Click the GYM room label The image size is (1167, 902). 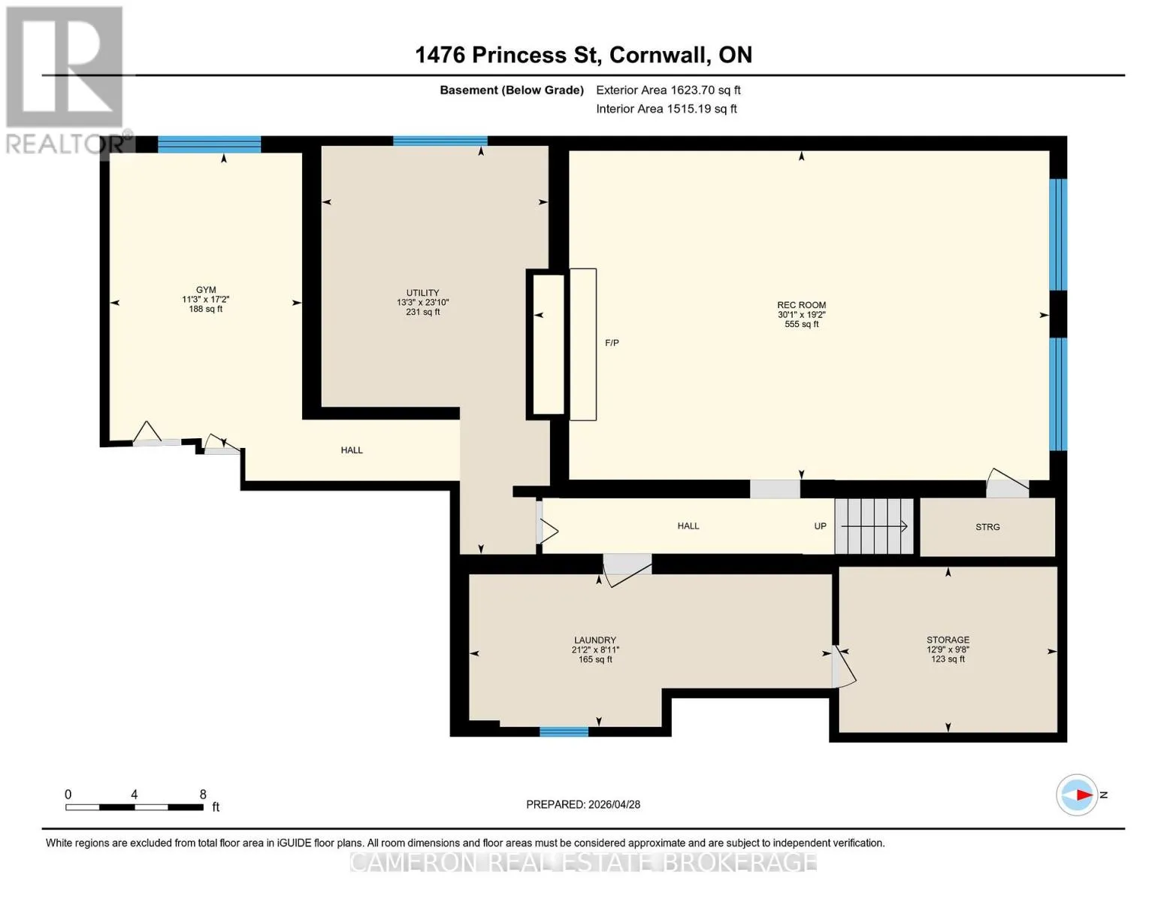[206, 289]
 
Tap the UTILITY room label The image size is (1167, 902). [422, 293]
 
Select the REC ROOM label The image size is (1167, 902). [801, 305]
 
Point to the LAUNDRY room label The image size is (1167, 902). [595, 640]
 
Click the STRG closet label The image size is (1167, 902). [987, 527]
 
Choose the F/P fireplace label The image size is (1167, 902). [612, 343]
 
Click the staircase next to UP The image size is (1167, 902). [874, 526]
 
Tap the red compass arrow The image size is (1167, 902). [1084, 795]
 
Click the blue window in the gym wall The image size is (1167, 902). [210, 144]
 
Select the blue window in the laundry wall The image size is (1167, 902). [564, 731]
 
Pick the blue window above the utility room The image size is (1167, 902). [440, 141]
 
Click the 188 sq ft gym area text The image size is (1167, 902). [206, 309]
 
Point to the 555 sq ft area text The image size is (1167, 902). [801, 325]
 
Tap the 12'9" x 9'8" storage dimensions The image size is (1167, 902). [948, 649]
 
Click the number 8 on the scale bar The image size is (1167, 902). [203, 794]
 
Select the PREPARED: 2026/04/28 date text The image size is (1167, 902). [583, 804]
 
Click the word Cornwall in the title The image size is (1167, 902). [658, 55]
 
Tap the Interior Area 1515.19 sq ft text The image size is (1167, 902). [667, 108]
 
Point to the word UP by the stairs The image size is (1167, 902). [820, 526]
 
